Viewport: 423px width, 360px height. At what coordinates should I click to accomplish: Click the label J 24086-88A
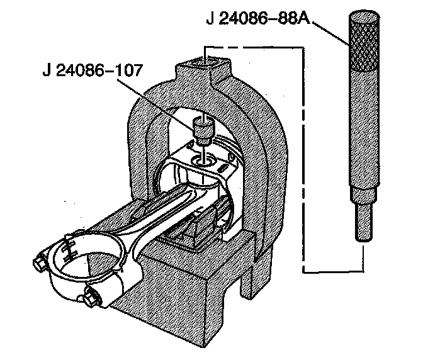coord(257,20)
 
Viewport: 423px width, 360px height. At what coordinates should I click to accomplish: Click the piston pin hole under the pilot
coord(203,162)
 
